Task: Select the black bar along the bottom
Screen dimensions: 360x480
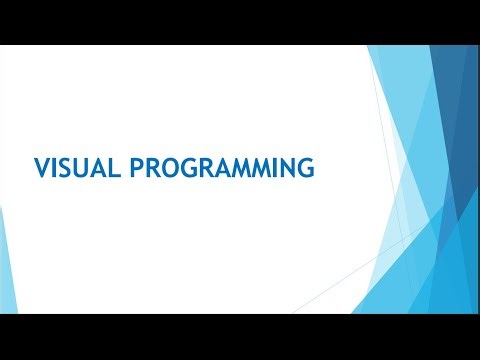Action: [240, 337]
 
